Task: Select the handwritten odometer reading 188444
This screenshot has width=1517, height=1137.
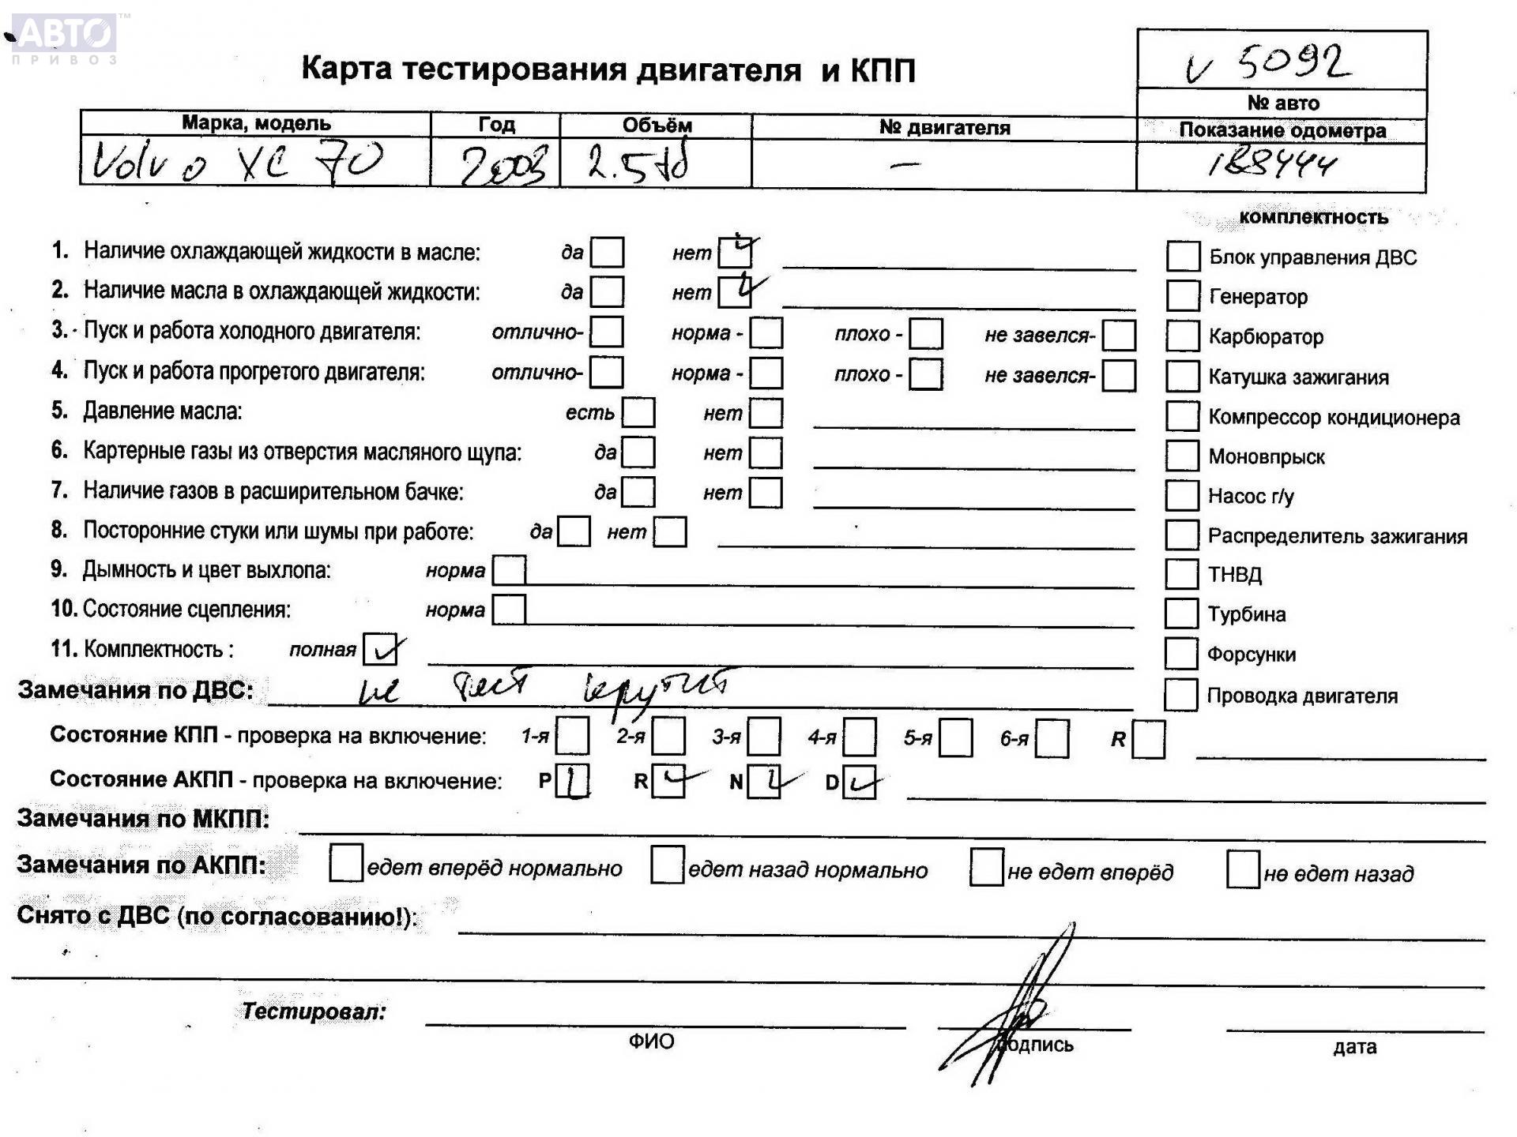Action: click(1273, 163)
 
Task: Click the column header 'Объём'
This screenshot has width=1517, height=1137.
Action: click(657, 125)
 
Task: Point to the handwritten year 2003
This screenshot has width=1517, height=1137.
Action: click(504, 166)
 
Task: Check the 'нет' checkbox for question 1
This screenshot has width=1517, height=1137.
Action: click(735, 253)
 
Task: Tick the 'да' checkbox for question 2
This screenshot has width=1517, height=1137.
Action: click(607, 291)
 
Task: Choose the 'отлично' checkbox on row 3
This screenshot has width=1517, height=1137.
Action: click(607, 332)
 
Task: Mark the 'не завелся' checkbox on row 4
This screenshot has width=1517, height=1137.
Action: click(1119, 376)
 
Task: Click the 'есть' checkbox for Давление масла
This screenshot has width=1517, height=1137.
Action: click(638, 412)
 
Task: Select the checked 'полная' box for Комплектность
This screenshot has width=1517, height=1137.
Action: click(380, 650)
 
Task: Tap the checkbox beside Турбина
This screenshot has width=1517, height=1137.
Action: click(1181, 614)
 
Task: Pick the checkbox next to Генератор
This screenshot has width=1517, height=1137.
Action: click(1183, 296)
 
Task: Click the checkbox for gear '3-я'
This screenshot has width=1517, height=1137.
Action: click(764, 737)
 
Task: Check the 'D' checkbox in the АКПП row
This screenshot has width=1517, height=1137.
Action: click(859, 782)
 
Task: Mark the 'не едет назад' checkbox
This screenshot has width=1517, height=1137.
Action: click(1243, 869)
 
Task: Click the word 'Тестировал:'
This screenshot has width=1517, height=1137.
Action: click(314, 1011)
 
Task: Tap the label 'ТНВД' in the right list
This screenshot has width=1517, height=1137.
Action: click(1234, 575)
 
